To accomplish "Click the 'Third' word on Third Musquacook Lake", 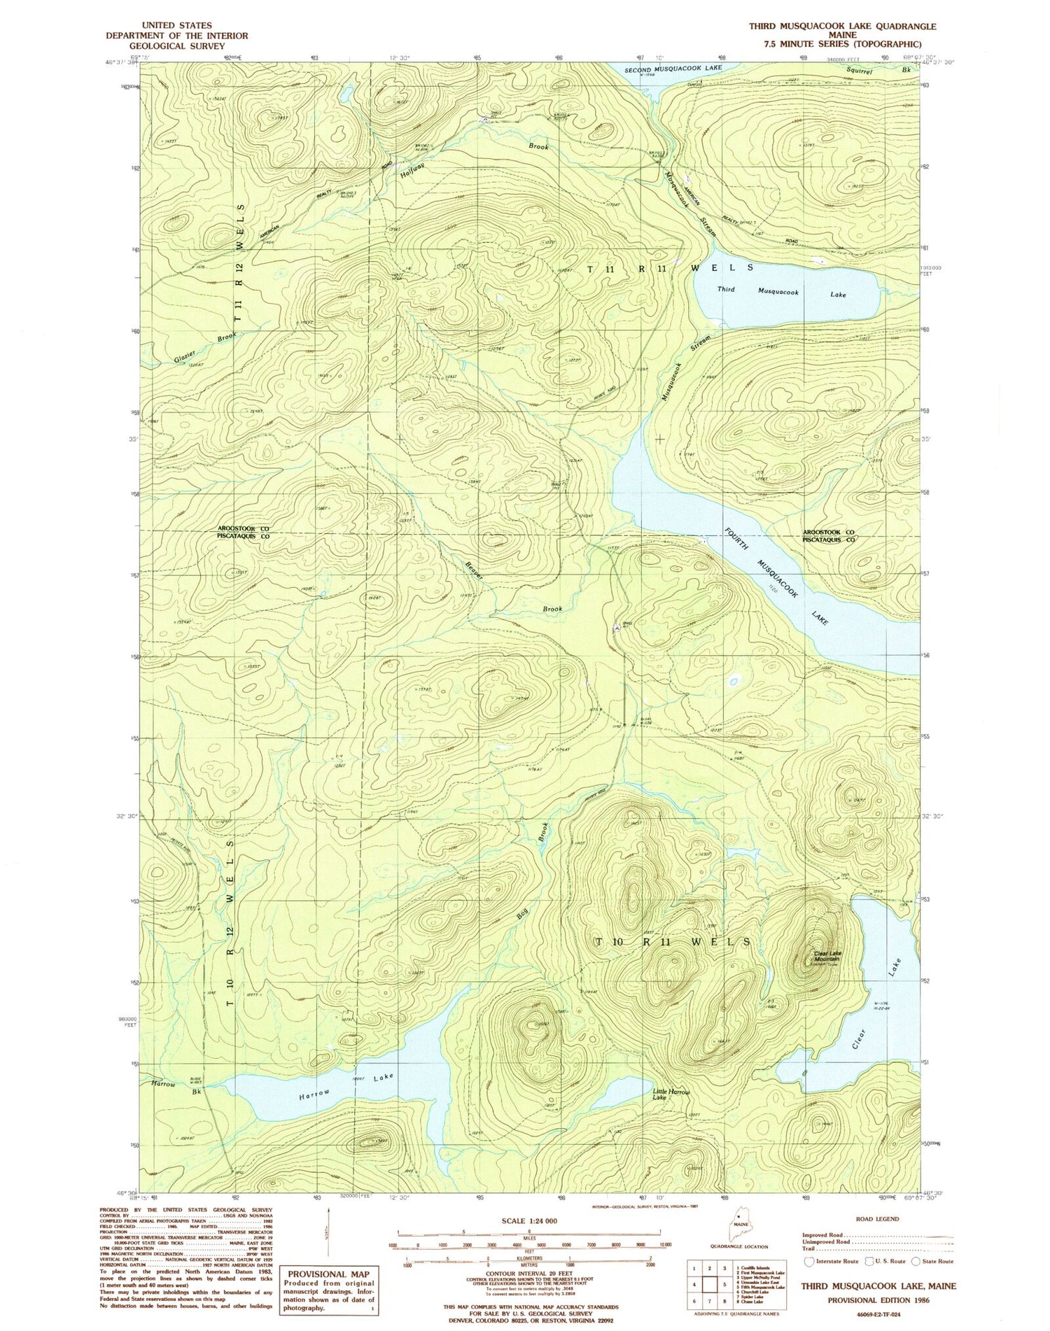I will pos(726,289).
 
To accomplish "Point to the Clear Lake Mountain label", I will pos(827,956).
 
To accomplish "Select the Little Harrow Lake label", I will pos(671,1094).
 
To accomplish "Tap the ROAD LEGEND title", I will pos(877,1219).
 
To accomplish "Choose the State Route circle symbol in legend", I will pos(916,1261).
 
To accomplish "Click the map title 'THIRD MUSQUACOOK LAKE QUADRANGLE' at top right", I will pos(842,27).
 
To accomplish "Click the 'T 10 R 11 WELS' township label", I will pos(673,942).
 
